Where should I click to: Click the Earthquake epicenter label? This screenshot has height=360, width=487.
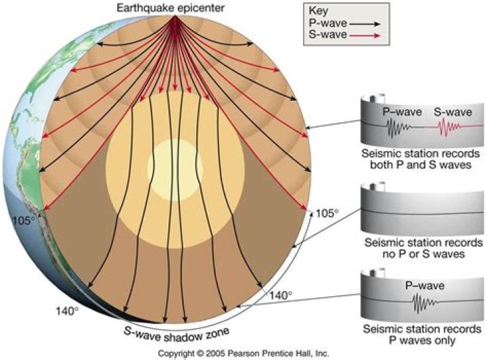(x=170, y=7)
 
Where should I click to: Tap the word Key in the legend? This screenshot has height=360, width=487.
(x=318, y=11)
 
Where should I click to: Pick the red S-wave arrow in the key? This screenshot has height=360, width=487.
(x=365, y=35)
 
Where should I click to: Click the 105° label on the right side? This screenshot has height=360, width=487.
(x=327, y=213)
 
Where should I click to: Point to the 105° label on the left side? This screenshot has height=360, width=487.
(x=24, y=221)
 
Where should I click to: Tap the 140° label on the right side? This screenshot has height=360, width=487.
(x=281, y=296)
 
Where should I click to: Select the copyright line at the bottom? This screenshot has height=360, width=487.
(x=243, y=353)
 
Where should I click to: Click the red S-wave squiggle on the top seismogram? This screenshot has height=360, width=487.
(x=449, y=127)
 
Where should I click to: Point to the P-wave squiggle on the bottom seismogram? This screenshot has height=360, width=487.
(x=425, y=302)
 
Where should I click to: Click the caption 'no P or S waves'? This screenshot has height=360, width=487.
(x=423, y=254)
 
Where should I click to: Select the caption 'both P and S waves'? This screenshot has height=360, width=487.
(x=421, y=164)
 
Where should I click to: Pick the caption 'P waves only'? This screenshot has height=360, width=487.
(x=422, y=340)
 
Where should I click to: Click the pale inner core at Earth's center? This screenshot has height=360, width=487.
(x=175, y=168)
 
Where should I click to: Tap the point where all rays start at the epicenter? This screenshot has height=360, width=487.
(x=175, y=16)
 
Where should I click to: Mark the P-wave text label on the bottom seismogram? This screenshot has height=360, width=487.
(x=425, y=286)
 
